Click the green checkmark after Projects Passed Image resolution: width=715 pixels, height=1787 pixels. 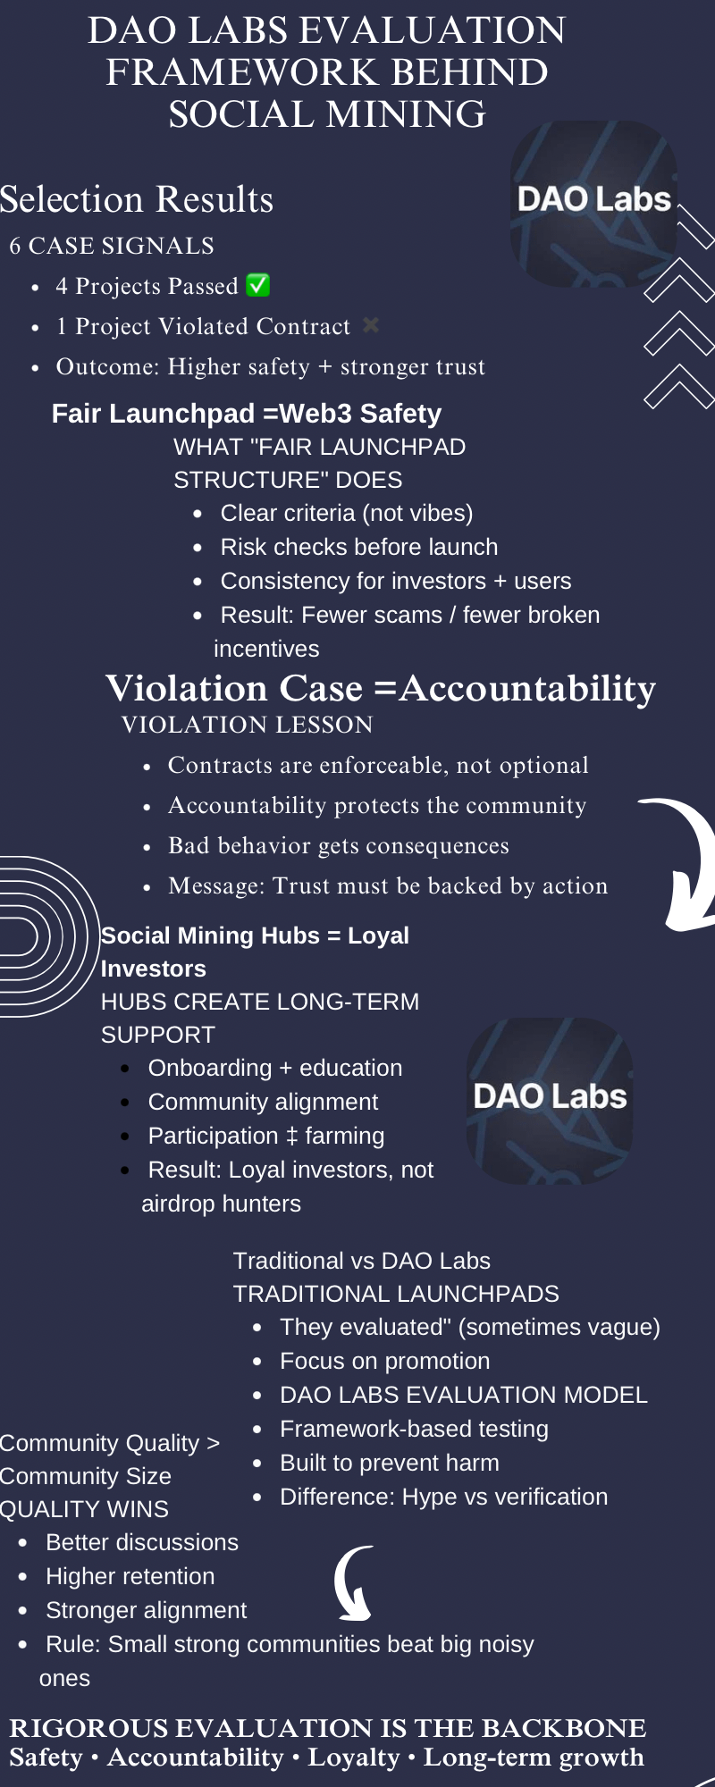click(x=257, y=285)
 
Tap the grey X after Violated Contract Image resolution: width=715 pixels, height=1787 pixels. click(x=371, y=325)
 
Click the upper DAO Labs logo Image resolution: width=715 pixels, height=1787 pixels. click(x=593, y=204)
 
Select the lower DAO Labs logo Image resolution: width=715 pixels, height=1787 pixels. click(x=550, y=1101)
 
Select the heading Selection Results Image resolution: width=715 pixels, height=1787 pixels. click(x=137, y=199)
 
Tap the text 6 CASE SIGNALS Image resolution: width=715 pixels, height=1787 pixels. click(x=112, y=246)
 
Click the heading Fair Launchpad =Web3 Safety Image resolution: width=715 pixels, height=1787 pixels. click(x=247, y=414)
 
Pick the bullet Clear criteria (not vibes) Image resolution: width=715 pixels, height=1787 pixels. click(x=347, y=513)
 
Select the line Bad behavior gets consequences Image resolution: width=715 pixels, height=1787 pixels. click(x=339, y=845)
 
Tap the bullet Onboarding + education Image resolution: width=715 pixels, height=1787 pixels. click(x=275, y=1068)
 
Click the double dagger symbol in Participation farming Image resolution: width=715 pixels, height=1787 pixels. click(x=291, y=1137)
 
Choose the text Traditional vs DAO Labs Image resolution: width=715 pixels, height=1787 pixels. click(x=362, y=1261)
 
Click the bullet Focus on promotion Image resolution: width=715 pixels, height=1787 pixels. click(x=385, y=1361)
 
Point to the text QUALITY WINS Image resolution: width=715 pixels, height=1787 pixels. click(x=84, y=1509)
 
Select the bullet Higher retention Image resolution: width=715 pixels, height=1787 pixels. click(x=130, y=1576)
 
